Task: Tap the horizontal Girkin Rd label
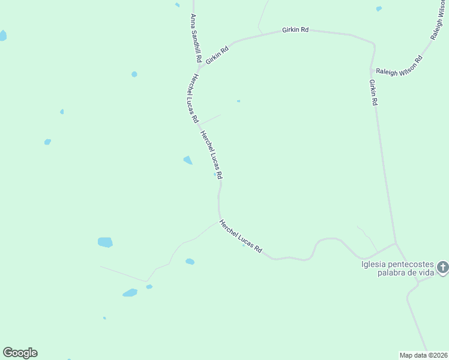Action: pos(296,29)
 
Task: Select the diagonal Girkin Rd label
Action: pos(217,56)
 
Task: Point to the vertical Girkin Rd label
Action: pos(373,92)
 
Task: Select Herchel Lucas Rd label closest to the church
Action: pos(241,236)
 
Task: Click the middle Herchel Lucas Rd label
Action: pos(211,155)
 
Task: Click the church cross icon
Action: pos(442,268)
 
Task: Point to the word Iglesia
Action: pos(372,264)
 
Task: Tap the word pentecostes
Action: pos(408,264)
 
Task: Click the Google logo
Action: pos(20,353)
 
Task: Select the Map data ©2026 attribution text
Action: pos(423,355)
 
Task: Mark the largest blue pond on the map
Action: pos(105,242)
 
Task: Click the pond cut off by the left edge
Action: pos(2,35)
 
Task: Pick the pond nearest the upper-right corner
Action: pos(379,9)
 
